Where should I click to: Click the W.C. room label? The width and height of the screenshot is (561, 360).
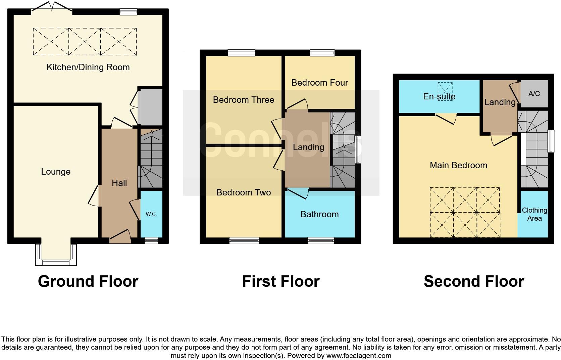pyautogui.click(x=151, y=214)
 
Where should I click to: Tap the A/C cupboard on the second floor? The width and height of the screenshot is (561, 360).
pyautogui.click(x=534, y=94)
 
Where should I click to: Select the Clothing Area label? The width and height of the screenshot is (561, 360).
pyautogui.click(x=534, y=214)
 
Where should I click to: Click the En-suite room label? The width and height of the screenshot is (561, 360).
pyautogui.click(x=439, y=97)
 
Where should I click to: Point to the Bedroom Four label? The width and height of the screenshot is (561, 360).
pyautogui.click(x=319, y=83)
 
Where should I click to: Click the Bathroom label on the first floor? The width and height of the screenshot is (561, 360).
pyautogui.click(x=319, y=214)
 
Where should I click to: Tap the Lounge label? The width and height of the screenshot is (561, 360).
pyautogui.click(x=56, y=172)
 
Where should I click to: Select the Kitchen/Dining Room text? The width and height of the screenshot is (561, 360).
pyautogui.click(x=88, y=67)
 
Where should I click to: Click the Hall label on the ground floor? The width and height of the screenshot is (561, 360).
pyautogui.click(x=119, y=183)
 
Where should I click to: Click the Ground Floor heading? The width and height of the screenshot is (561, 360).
pyautogui.click(x=88, y=281)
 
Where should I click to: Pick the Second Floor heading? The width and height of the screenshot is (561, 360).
pyautogui.click(x=473, y=281)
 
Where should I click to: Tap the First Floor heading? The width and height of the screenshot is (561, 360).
pyautogui.click(x=280, y=281)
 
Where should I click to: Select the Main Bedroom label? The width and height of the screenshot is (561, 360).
pyautogui.click(x=458, y=165)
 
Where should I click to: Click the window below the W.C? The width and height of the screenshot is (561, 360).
pyautogui.click(x=151, y=240)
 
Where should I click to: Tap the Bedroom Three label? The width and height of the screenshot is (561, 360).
pyautogui.click(x=244, y=100)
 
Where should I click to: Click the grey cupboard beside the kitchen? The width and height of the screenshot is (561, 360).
pyautogui.click(x=150, y=107)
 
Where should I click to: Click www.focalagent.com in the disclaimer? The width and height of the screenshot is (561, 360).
pyautogui.click(x=358, y=356)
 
